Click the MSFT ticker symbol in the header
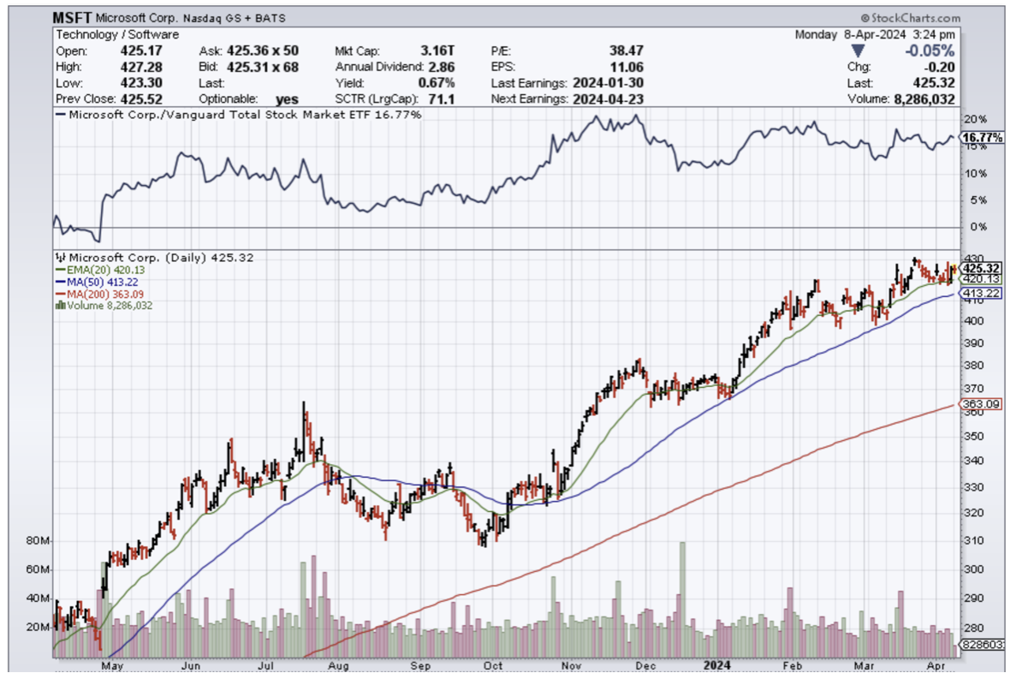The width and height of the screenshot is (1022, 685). (x=71, y=17)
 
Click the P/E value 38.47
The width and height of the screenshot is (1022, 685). (x=627, y=51)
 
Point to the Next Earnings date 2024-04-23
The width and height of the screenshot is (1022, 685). (x=609, y=98)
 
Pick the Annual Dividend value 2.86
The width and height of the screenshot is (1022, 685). (x=442, y=67)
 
